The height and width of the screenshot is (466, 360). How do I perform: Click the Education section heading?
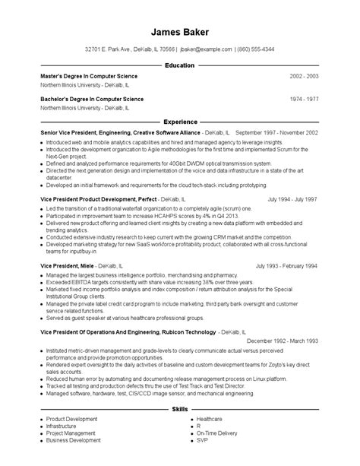(x=180, y=66)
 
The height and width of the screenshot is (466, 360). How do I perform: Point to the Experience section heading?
(x=180, y=122)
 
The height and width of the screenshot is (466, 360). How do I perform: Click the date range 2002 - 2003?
(x=304, y=77)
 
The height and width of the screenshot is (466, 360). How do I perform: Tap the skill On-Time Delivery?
(x=216, y=433)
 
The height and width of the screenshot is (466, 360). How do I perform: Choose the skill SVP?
(x=201, y=441)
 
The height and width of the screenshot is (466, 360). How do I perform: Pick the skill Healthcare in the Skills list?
(x=209, y=419)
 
